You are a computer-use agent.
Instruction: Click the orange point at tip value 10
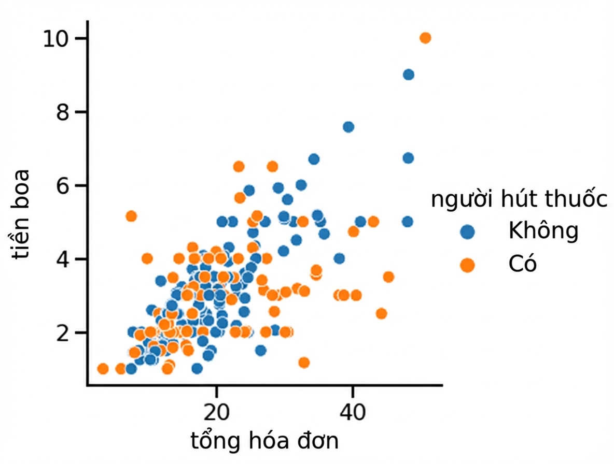[x=425, y=38]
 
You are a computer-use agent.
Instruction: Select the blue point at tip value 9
[x=409, y=75]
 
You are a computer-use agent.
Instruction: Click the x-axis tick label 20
[x=217, y=412]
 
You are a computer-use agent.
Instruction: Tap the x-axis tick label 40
[x=353, y=412]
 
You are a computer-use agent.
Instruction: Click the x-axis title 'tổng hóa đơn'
[x=264, y=441]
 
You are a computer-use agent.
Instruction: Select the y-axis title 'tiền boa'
[x=20, y=214]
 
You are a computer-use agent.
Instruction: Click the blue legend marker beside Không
[x=467, y=232]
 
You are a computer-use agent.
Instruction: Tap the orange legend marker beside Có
[x=467, y=266]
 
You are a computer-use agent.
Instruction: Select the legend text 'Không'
[x=543, y=230]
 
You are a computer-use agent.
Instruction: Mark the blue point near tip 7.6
[x=348, y=127]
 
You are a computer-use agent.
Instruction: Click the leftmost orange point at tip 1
[x=103, y=369]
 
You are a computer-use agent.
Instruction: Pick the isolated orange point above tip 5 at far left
[x=131, y=216]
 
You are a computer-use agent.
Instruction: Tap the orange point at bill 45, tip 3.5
[x=388, y=277]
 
